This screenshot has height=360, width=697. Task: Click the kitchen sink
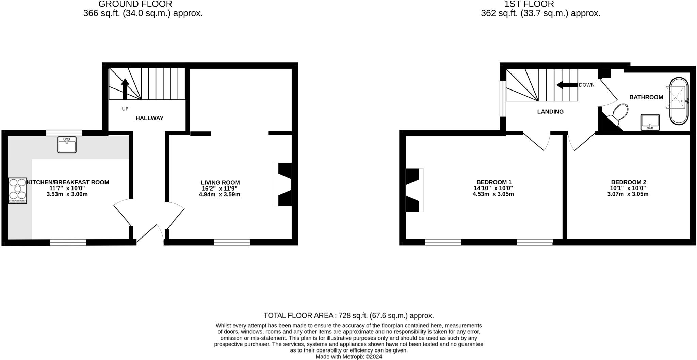[x=67, y=145]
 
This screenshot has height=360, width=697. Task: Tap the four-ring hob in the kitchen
[x=18, y=191]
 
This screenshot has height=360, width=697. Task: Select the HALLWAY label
[x=149, y=118]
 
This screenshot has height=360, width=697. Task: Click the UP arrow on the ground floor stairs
[x=125, y=88]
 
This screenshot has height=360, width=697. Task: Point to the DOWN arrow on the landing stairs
[x=567, y=85]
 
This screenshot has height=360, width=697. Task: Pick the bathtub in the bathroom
[x=679, y=101]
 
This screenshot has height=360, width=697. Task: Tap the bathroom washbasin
[x=650, y=122]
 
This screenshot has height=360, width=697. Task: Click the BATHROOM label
[x=646, y=97]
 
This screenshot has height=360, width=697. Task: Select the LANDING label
[x=550, y=112]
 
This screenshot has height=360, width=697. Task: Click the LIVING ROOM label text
[x=220, y=183]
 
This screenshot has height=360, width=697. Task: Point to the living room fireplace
[x=285, y=184]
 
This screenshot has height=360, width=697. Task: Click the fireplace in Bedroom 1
[x=413, y=190]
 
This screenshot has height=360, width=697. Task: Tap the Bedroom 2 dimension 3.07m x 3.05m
[x=628, y=194]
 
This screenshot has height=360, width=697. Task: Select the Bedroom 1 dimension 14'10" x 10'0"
[x=493, y=188]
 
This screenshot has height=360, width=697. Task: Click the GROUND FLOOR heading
[x=135, y=4]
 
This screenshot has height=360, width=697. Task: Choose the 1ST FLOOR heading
[x=540, y=4]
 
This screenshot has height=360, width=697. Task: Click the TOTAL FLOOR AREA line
[x=348, y=316]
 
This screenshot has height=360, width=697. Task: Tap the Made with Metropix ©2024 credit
[x=348, y=357]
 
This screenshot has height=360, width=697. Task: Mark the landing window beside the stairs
[x=502, y=98]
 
